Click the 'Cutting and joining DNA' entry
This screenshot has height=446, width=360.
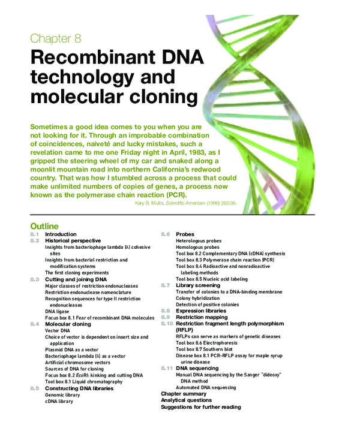click(76, 279)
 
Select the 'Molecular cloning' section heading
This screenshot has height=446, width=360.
click(68, 324)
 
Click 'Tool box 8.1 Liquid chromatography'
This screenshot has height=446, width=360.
click(83, 382)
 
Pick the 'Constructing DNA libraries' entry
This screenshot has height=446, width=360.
click(79, 388)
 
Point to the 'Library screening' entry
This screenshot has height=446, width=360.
click(198, 285)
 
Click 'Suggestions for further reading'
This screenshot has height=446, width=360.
click(200, 407)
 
